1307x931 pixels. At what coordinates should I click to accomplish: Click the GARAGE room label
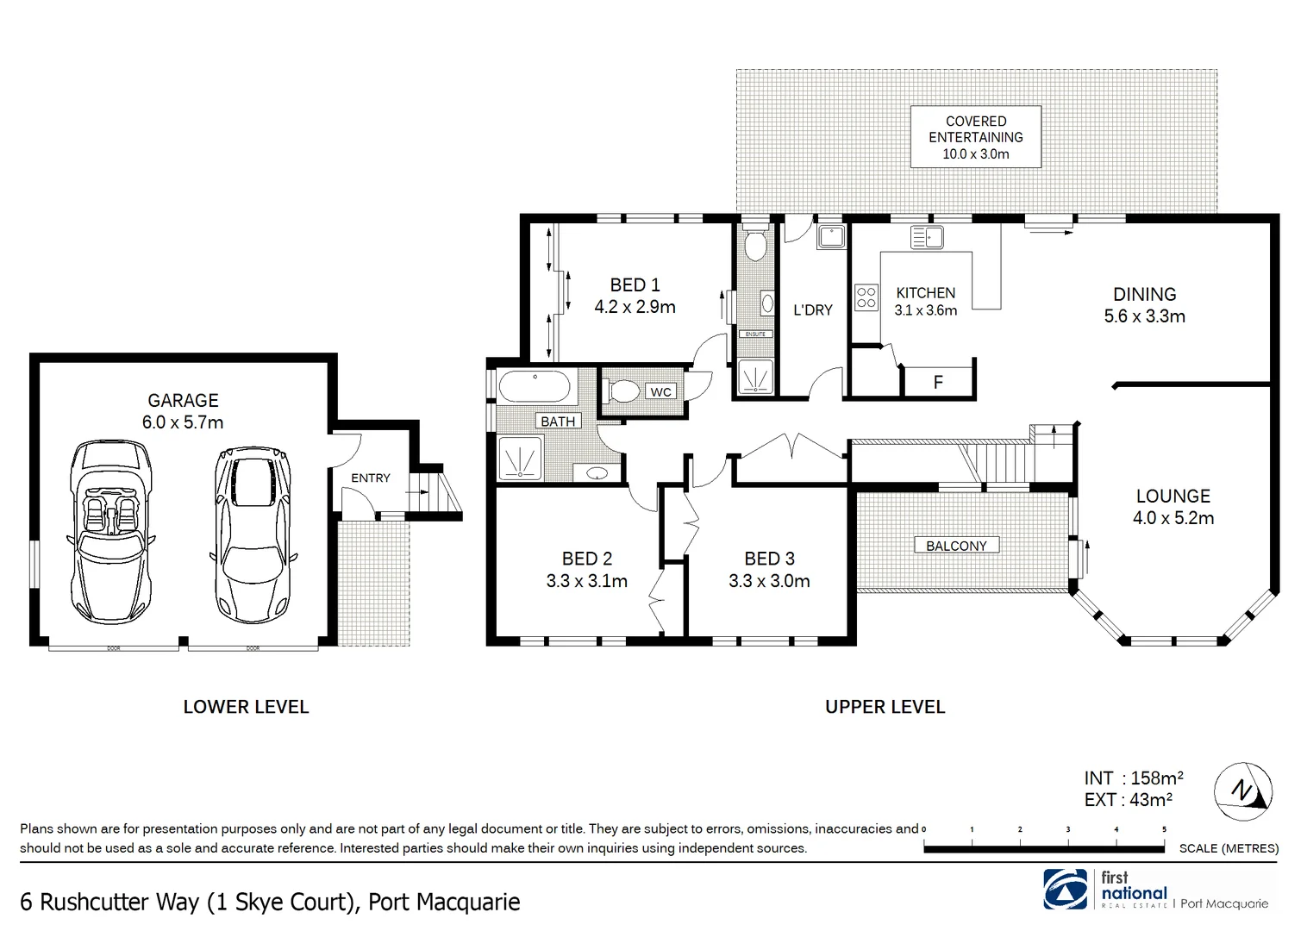(183, 401)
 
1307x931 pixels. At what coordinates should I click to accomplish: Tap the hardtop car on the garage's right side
(252, 534)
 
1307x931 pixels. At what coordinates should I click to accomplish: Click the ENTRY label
(371, 478)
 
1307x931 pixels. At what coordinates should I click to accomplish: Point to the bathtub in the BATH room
(536, 387)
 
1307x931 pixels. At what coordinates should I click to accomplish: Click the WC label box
(660, 392)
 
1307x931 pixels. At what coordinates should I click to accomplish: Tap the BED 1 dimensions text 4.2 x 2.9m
(635, 307)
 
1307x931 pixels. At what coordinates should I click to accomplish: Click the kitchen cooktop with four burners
(866, 297)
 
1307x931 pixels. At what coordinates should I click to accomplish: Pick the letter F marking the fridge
(938, 383)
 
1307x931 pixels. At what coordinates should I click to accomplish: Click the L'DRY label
(812, 309)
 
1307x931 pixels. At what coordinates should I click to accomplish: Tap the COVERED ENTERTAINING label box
(976, 137)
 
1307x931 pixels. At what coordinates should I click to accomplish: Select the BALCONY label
(956, 546)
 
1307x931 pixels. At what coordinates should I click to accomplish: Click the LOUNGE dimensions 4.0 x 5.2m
(1173, 518)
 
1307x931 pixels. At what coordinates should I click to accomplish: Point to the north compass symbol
(1243, 790)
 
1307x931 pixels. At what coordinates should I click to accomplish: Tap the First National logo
(1066, 888)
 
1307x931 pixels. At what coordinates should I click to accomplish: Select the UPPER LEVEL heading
(885, 707)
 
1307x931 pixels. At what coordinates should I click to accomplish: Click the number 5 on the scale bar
(1164, 829)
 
